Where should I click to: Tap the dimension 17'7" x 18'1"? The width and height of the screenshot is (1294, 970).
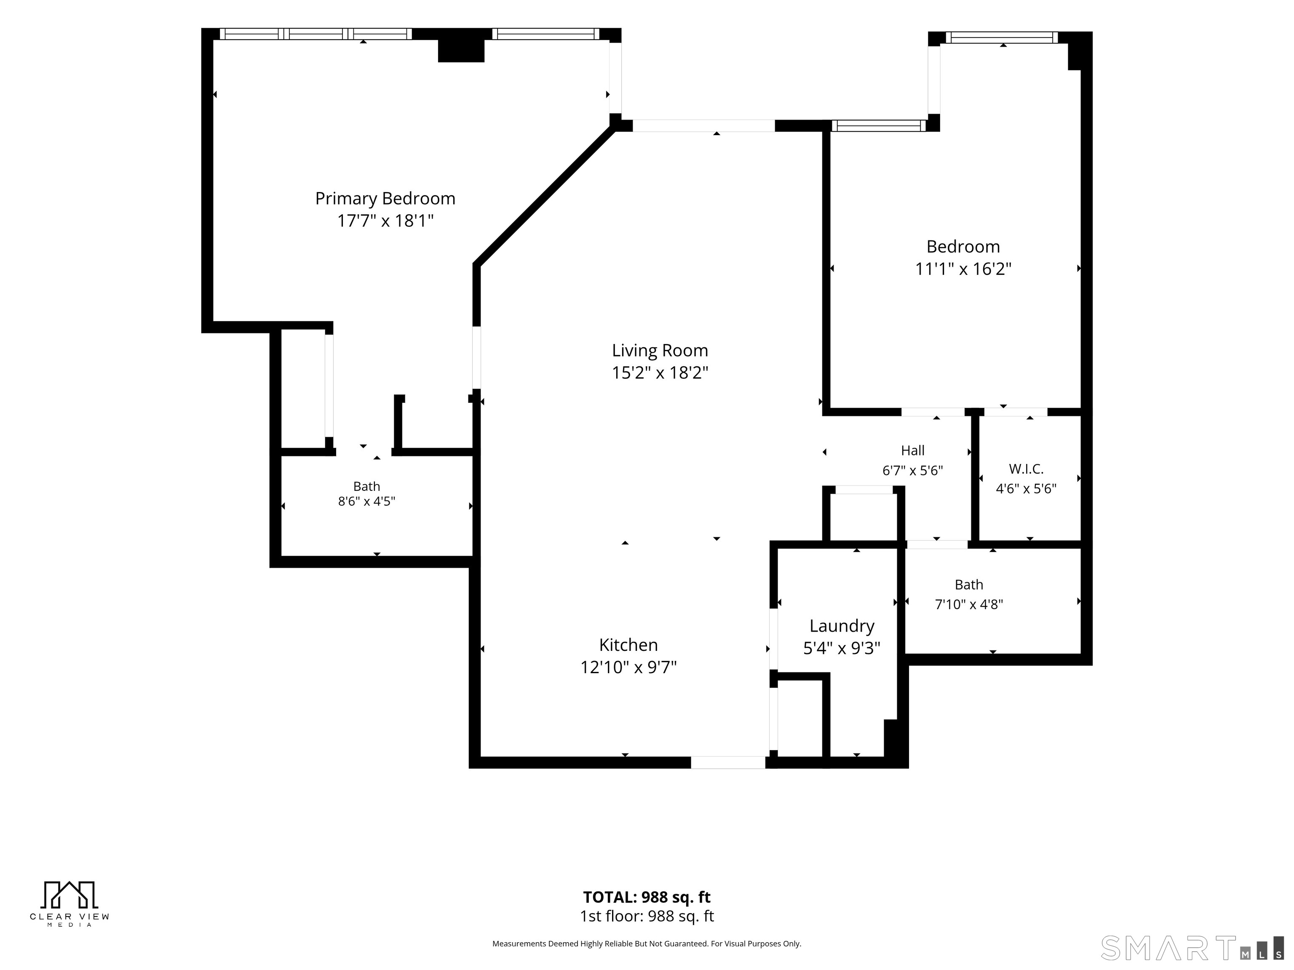(385, 221)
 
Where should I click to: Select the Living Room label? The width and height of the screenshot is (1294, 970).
(660, 351)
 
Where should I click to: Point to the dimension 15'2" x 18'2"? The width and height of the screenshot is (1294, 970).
(660, 373)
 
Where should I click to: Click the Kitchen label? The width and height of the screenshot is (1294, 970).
(628, 645)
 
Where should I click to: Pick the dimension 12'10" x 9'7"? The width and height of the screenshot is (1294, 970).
(628, 667)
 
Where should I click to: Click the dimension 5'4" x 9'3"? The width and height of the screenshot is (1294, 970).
(842, 648)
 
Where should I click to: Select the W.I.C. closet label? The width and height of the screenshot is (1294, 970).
(1026, 469)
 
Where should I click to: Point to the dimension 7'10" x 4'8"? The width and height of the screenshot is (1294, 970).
(969, 604)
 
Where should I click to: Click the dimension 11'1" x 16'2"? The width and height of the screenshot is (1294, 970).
(963, 269)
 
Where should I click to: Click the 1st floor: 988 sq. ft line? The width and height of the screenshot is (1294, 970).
(647, 916)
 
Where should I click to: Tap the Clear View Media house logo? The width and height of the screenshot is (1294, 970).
(70, 895)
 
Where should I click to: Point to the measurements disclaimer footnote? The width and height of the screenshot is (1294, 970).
(647, 944)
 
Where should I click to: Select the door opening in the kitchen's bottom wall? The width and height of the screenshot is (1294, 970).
(728, 762)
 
